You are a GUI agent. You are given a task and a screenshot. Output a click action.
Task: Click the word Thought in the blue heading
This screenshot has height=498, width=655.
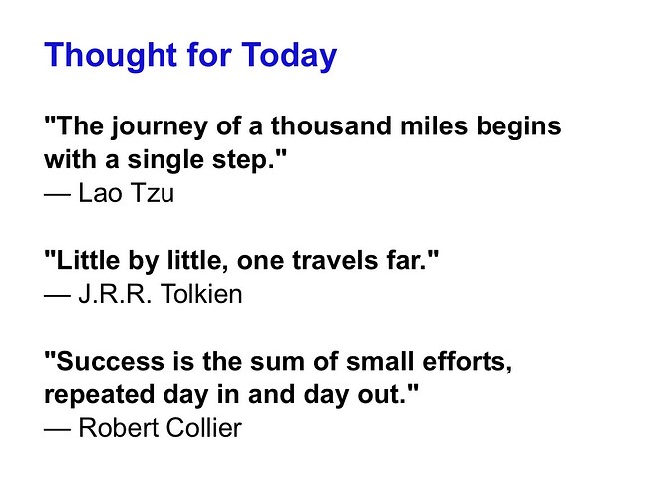point(112,56)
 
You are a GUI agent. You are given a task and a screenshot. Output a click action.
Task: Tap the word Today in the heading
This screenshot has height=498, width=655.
point(289,56)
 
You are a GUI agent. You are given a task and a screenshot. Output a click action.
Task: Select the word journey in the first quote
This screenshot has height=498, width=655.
point(160,126)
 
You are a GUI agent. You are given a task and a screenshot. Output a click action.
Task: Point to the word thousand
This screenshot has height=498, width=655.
point(331,125)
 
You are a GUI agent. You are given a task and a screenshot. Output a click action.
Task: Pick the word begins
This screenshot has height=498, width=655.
point(518,126)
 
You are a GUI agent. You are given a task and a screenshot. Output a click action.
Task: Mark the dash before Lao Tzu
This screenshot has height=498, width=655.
point(57,194)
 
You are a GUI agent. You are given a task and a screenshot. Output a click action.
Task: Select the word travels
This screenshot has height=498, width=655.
point(335,260)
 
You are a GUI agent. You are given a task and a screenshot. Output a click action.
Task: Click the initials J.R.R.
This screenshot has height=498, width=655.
point(115,294)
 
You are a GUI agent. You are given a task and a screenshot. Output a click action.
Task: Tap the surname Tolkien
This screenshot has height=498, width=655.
point(201,294)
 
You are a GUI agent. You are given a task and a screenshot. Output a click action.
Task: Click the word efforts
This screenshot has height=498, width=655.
point(467,362)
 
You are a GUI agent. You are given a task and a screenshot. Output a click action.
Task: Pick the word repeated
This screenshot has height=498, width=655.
point(99,395)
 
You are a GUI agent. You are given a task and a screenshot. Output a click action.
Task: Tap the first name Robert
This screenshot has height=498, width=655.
point(118,428)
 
